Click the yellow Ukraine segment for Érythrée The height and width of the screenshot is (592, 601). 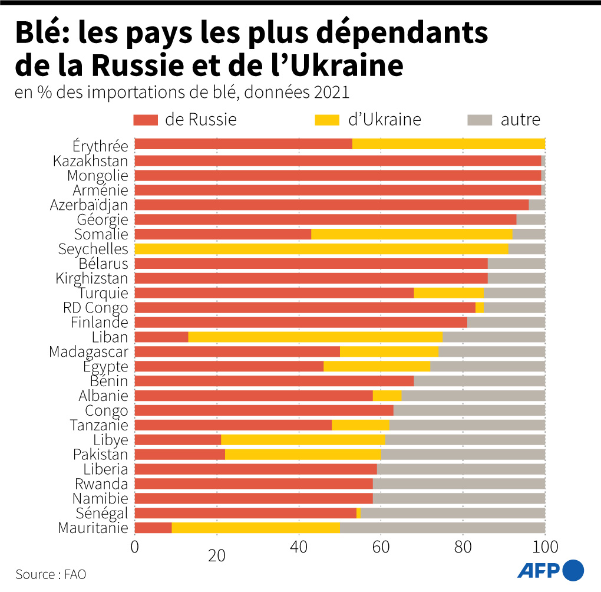click(448, 144)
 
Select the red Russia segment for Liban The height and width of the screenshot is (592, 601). click(161, 337)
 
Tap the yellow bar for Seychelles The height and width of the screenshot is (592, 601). click(321, 249)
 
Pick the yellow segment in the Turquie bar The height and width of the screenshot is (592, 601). click(448, 293)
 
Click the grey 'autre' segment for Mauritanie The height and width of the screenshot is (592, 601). click(443, 528)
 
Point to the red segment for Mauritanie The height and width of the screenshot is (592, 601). click(153, 528)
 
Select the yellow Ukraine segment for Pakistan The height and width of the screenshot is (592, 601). click(303, 455)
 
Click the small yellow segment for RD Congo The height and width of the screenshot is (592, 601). click(480, 308)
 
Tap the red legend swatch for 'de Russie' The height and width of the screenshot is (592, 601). click(146, 120)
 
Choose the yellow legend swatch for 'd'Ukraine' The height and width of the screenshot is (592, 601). click(328, 120)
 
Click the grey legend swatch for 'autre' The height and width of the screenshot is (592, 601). click(480, 120)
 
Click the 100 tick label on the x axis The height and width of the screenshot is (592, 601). click(544, 547)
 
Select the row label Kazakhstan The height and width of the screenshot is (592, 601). click(90, 160)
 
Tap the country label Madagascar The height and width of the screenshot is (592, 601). click(88, 352)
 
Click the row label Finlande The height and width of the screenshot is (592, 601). click(99, 323)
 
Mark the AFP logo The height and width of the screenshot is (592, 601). click(550, 570)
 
